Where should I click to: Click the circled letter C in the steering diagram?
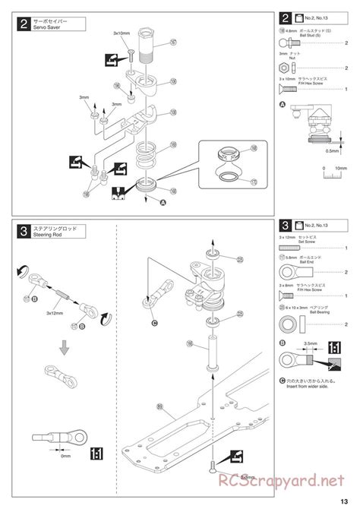tap(155, 323)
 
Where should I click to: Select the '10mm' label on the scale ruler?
tap(341, 168)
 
